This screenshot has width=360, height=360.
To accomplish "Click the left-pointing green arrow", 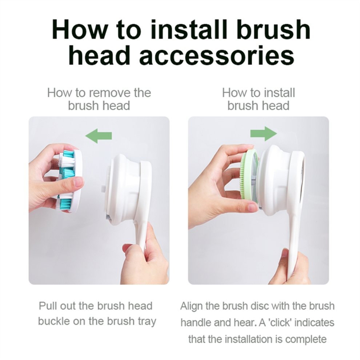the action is click(99, 136).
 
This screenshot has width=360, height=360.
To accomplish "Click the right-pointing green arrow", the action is click(264, 133).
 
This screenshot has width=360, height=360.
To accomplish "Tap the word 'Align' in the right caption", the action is click(192, 306).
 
